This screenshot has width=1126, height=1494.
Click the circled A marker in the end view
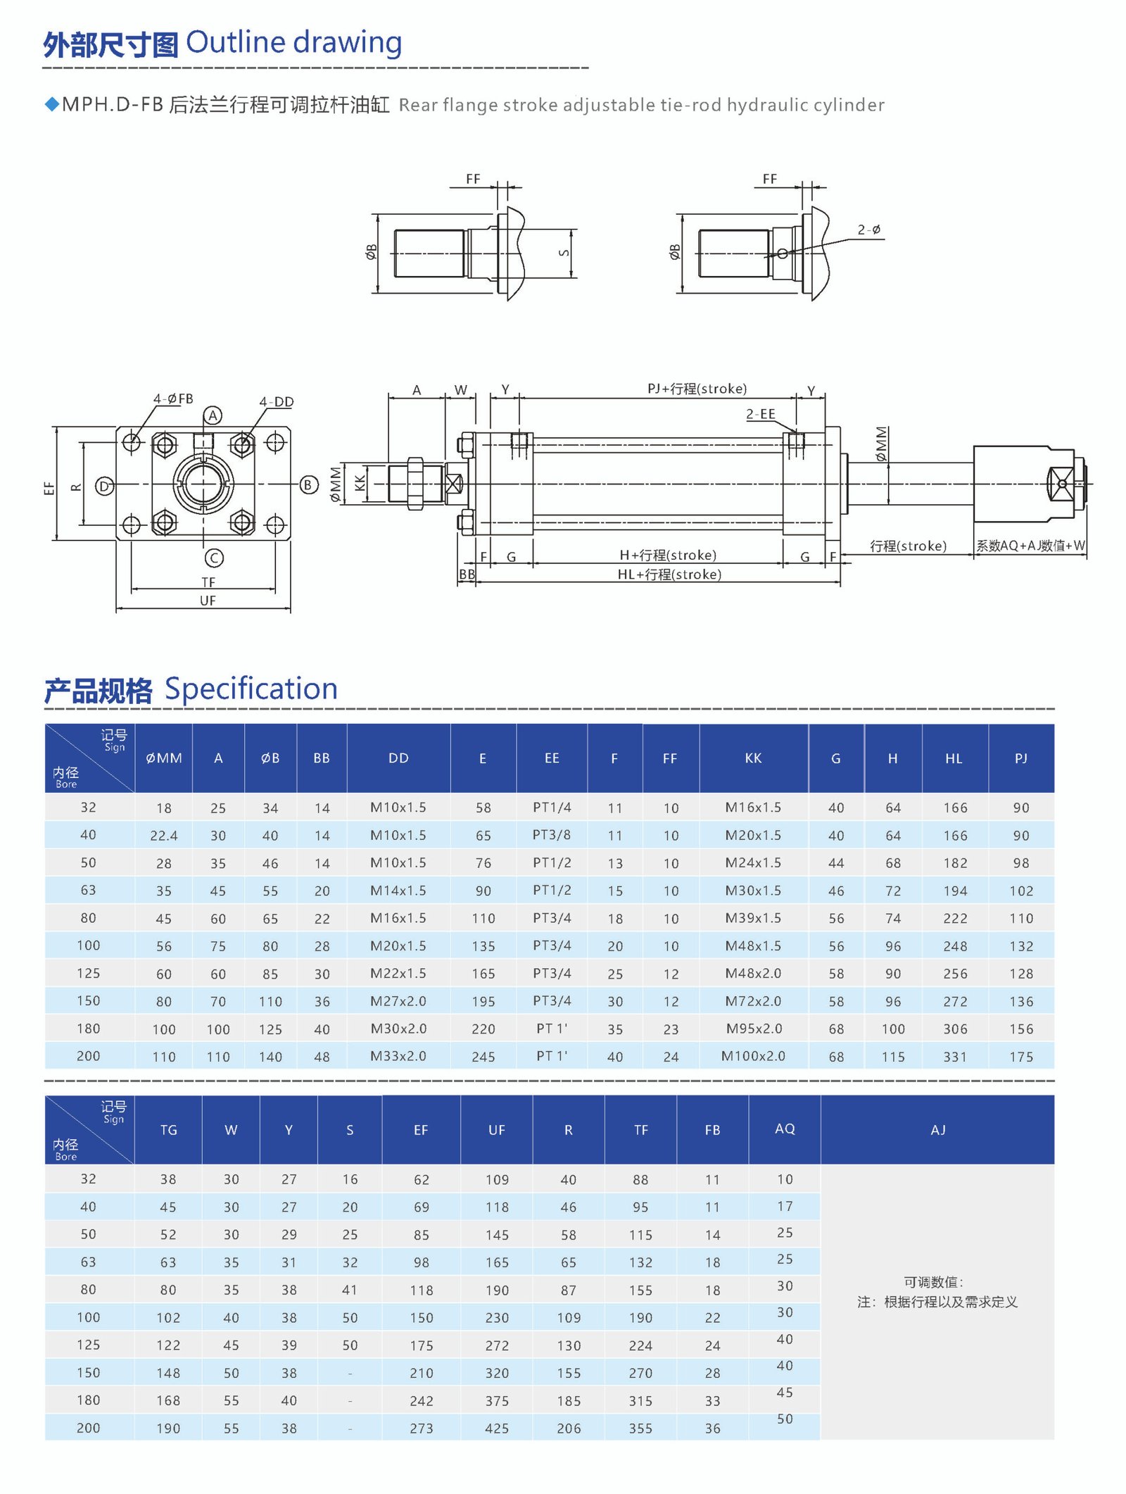(x=213, y=415)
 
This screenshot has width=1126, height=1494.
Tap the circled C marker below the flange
(x=214, y=558)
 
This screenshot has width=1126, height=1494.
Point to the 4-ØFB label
(x=173, y=399)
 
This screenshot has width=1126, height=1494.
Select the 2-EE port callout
(x=760, y=414)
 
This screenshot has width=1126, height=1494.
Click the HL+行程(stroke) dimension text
(x=669, y=575)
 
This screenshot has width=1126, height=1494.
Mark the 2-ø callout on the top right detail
(x=869, y=230)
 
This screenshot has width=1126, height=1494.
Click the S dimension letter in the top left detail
(x=564, y=253)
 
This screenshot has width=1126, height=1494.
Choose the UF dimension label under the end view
(x=208, y=601)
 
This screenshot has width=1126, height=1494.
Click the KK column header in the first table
(x=753, y=758)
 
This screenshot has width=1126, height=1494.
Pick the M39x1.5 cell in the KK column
(x=753, y=918)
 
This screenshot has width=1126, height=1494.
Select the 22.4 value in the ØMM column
(x=163, y=836)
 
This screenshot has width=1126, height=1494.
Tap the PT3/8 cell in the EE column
(x=552, y=835)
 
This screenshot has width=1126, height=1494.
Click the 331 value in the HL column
(x=955, y=1057)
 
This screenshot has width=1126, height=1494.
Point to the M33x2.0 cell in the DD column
(x=398, y=1056)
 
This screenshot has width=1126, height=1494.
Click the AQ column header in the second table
(x=785, y=1129)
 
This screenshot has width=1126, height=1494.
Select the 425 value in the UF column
(x=497, y=1429)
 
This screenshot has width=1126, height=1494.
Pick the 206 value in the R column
(x=569, y=1429)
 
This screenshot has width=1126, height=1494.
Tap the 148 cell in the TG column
(x=168, y=1373)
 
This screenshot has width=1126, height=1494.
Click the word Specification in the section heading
(x=251, y=689)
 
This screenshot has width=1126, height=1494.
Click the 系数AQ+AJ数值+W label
(x=1030, y=546)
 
